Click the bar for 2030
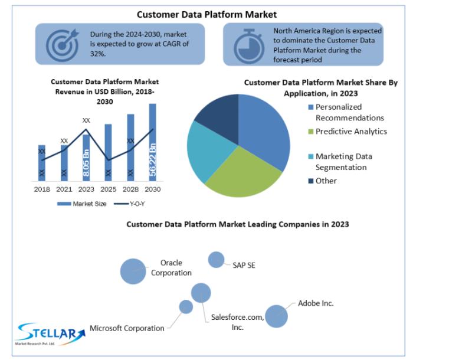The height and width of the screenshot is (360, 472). [153, 142]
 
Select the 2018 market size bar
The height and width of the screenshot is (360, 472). [42, 163]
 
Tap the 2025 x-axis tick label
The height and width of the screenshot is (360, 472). [109, 189]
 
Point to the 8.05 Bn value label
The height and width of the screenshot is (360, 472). [86, 163]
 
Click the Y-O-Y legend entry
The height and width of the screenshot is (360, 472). [129, 204]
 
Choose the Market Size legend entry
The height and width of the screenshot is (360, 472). [82, 204]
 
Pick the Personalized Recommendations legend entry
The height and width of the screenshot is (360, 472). [346, 112]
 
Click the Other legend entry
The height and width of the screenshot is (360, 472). [322, 181]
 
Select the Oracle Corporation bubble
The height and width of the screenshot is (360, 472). [133, 271]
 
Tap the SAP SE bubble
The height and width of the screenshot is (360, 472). [216, 260]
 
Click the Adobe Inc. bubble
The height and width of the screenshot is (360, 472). [276, 316]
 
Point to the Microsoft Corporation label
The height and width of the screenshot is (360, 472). [127, 328]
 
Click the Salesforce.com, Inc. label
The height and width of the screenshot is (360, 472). [238, 322]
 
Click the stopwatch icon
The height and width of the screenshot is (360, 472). [249, 46]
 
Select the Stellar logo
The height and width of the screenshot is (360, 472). [50, 334]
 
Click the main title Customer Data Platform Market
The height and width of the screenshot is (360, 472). [207, 14]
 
